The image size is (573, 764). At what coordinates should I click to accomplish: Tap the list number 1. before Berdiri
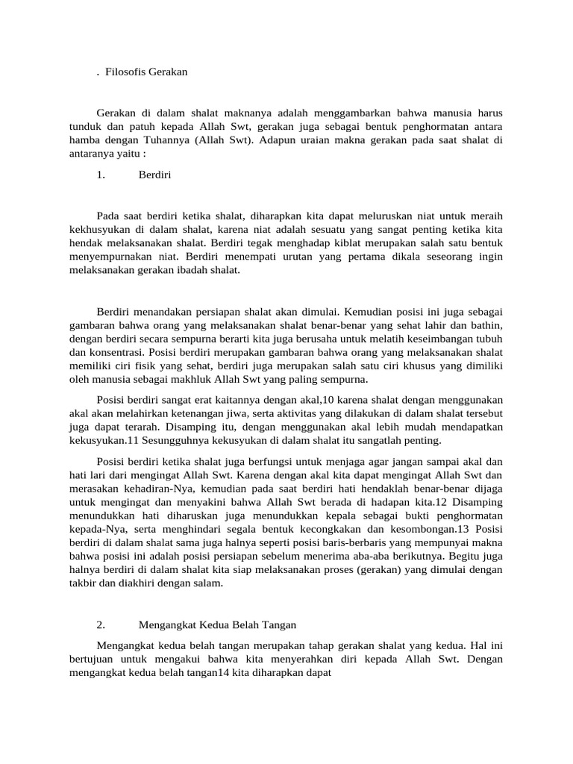(101, 175)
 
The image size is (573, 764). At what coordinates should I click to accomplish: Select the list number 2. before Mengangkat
(101, 624)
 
